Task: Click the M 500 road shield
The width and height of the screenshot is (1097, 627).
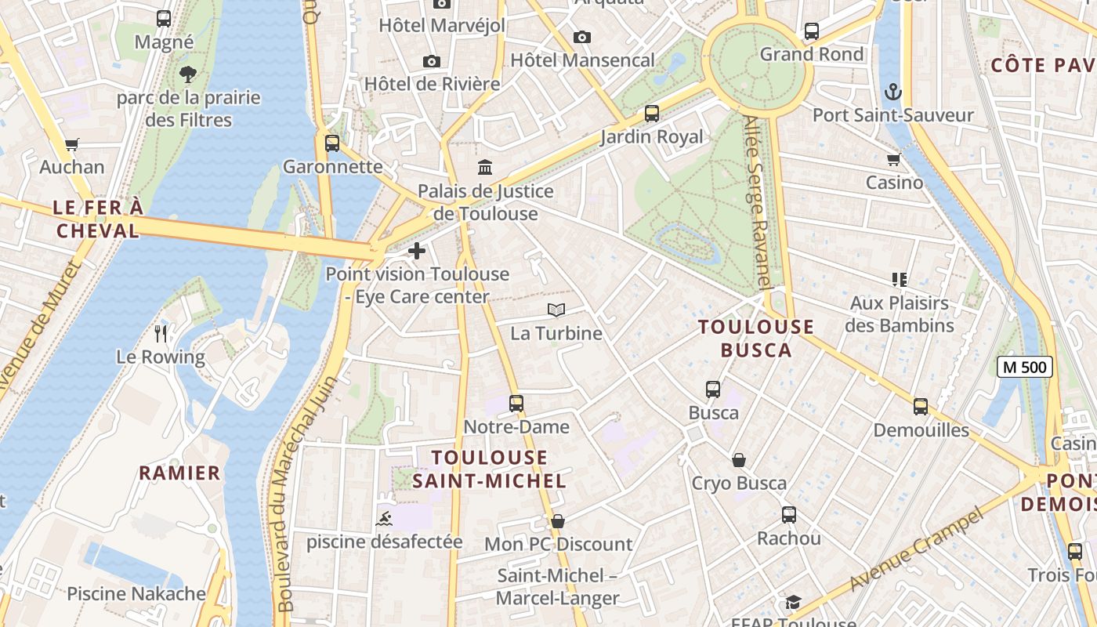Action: (1024, 367)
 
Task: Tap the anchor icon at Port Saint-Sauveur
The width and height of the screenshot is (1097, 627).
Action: (892, 92)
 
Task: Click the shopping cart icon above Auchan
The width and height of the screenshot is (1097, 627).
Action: (72, 144)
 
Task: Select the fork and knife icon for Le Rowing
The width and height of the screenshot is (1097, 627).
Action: (161, 334)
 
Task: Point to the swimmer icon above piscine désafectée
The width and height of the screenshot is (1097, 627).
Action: (385, 519)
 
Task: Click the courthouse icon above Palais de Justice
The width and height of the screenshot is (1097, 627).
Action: (485, 168)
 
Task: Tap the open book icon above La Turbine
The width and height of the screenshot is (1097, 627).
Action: (556, 310)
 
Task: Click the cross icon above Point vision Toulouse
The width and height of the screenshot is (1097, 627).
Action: (417, 251)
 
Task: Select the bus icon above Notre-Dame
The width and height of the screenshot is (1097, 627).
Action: (516, 404)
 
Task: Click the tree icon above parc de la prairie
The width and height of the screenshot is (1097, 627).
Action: (187, 75)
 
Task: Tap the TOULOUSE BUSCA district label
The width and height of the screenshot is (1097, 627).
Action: (756, 339)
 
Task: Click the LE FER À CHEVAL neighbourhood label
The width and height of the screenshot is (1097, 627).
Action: (98, 219)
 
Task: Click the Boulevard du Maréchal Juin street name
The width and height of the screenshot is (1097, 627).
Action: (307, 494)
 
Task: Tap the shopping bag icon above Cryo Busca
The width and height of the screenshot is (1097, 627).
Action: (738, 460)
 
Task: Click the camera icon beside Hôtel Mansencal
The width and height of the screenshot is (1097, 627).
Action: (581, 38)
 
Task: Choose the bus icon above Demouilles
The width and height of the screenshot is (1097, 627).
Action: (921, 407)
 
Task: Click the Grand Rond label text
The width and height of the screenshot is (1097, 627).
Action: (812, 54)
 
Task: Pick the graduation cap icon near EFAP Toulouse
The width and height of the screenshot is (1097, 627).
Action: (793, 602)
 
